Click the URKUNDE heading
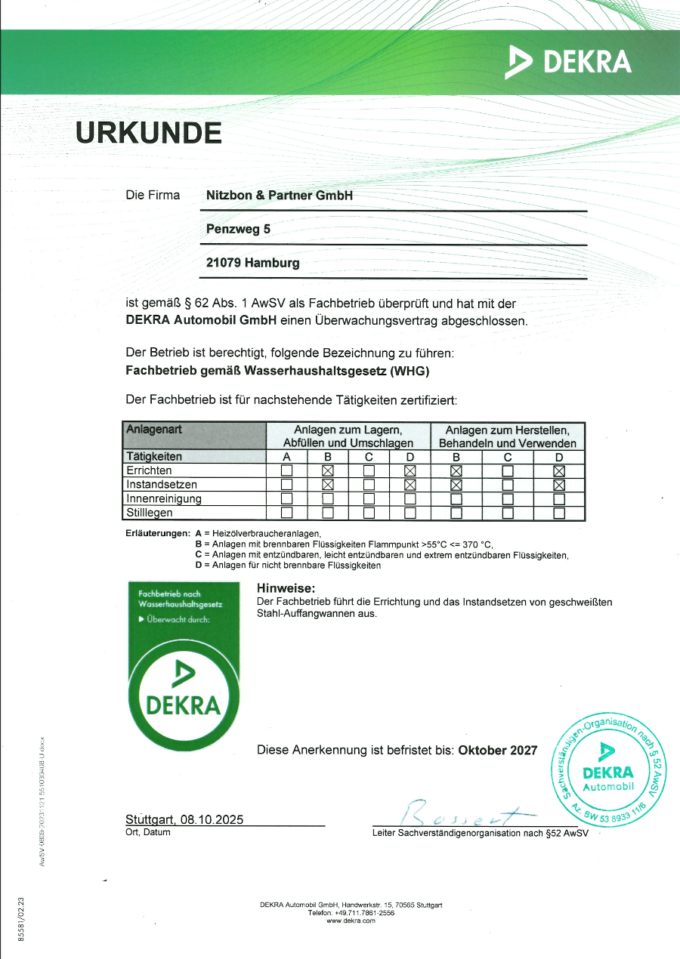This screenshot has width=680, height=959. click(x=149, y=132)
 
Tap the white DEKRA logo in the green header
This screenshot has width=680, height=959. click(x=568, y=61)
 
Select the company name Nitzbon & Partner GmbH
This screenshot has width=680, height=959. click(x=280, y=195)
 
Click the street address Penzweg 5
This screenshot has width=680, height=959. click(x=238, y=229)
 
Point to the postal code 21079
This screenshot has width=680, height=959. click(x=224, y=263)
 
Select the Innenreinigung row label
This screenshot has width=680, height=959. click(x=164, y=498)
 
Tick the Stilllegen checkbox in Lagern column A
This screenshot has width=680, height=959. click(x=286, y=513)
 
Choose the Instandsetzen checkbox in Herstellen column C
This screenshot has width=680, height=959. click(x=508, y=485)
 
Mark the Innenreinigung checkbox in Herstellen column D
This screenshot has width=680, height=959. click(x=559, y=499)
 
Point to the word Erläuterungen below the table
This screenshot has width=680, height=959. click(x=157, y=533)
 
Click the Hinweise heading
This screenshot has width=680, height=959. click(x=286, y=588)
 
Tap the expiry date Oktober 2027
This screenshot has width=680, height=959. click(x=498, y=750)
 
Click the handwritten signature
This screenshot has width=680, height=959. click(x=461, y=813)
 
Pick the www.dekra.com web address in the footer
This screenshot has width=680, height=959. click(x=351, y=920)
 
